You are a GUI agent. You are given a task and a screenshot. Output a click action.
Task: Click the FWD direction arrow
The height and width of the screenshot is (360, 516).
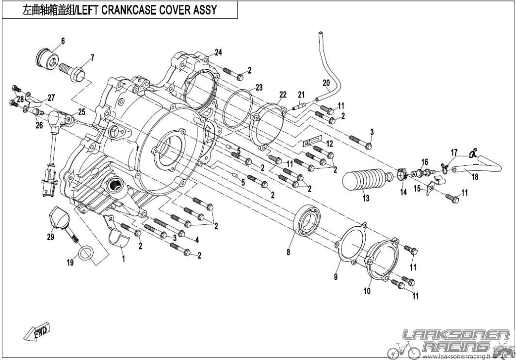[36, 330]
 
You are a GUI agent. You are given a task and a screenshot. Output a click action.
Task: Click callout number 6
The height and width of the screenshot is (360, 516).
[63, 41]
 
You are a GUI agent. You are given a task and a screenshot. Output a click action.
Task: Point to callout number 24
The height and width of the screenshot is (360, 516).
[219, 52]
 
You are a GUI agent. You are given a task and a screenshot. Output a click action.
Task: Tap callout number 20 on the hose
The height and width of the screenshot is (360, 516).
[326, 83]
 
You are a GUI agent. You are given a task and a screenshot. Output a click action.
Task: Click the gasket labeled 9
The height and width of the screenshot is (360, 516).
[351, 243]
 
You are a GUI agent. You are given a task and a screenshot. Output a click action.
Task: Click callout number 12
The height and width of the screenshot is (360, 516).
[330, 144]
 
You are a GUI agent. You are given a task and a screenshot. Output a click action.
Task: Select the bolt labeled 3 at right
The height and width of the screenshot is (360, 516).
[360, 142]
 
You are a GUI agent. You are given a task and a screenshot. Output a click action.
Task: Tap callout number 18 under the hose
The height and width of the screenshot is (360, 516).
[475, 177]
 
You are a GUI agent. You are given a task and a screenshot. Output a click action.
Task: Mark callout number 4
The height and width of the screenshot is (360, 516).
[197, 240]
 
